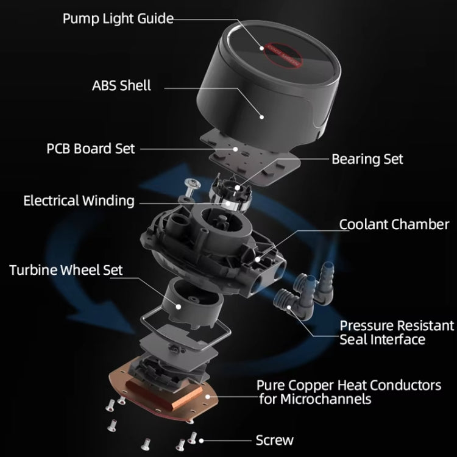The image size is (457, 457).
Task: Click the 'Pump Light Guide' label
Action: pyautogui.click(x=118, y=18)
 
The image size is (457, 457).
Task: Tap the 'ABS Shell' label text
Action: pyautogui.click(x=121, y=85)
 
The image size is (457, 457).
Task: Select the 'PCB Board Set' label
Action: pyautogui.click(x=91, y=149)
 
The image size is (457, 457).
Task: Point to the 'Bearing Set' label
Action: pyautogui.click(x=367, y=159)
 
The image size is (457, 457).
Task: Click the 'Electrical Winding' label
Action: pyautogui.click(x=79, y=200)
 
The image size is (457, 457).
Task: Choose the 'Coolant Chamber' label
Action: pyautogui.click(x=394, y=224)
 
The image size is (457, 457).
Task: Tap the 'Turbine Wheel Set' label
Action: pyautogui.click(x=66, y=269)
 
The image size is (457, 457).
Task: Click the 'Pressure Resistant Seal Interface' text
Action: pyautogui.click(x=396, y=332)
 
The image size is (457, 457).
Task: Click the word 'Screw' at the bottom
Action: pyautogui.click(x=274, y=440)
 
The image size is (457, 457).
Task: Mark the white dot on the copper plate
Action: pyautogui.click(x=208, y=396)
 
